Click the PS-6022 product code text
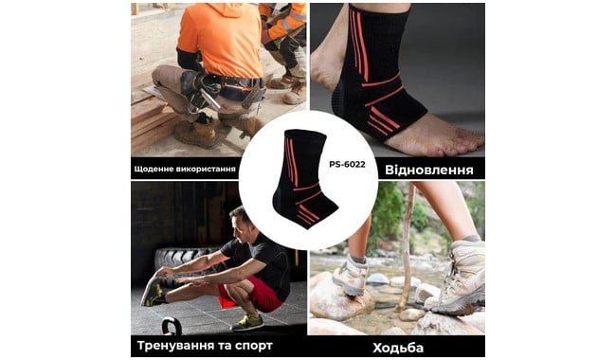pos(347,165)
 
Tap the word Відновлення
pos(429,170)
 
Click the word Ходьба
pos(398,348)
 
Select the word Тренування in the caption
pos(176,346)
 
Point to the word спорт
pos(253,346)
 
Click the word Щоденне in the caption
pos(149,170)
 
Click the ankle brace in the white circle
pos(304,179)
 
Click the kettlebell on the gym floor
pos(172,326)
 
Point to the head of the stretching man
pos(242,223)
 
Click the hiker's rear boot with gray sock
pos(351,274)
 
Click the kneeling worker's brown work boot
pos(195,133)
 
